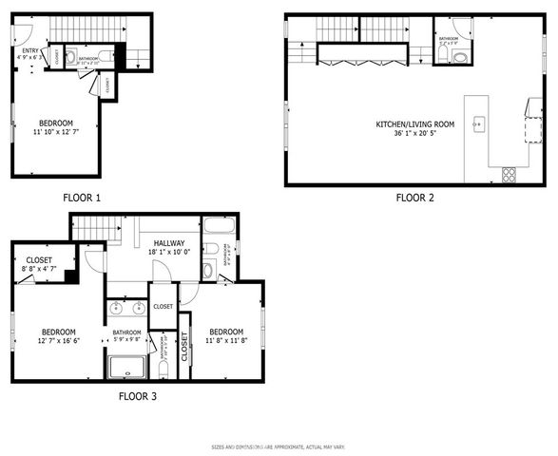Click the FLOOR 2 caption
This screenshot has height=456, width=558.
point(414,198)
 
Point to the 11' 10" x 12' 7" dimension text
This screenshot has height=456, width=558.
point(59,131)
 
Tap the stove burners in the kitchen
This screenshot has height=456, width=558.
point(509,173)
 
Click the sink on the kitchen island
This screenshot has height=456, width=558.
point(478,123)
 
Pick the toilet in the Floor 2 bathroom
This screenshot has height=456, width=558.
point(458,56)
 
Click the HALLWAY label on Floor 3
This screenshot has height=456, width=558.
point(166,244)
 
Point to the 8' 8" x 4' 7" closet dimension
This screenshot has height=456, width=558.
point(39,269)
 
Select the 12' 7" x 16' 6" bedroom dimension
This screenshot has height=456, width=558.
point(58,340)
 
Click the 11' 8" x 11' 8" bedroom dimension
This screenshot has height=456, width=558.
point(228,340)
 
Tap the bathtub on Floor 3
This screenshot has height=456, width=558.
point(219,227)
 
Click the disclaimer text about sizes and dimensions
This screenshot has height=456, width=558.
point(279,446)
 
